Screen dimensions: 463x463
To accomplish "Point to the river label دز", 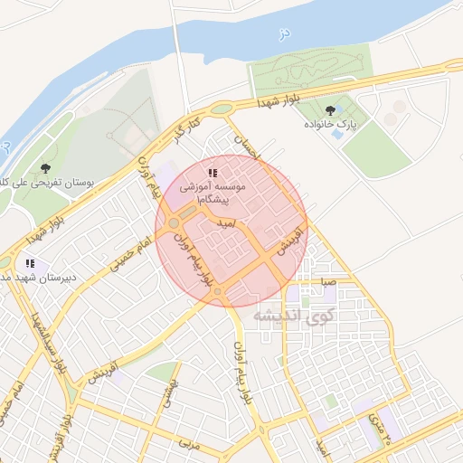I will pyautogui.click(x=283, y=34).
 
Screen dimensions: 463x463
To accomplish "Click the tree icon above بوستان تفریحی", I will pyautogui.click(x=45, y=168).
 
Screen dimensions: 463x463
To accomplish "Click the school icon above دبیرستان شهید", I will pyautogui.click(x=30, y=264).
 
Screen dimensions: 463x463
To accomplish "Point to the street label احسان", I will pyautogui.click(x=247, y=146).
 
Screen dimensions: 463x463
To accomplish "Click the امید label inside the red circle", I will pyautogui.click(x=226, y=222).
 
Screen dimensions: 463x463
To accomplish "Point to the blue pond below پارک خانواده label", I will pyautogui.click(x=337, y=134).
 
